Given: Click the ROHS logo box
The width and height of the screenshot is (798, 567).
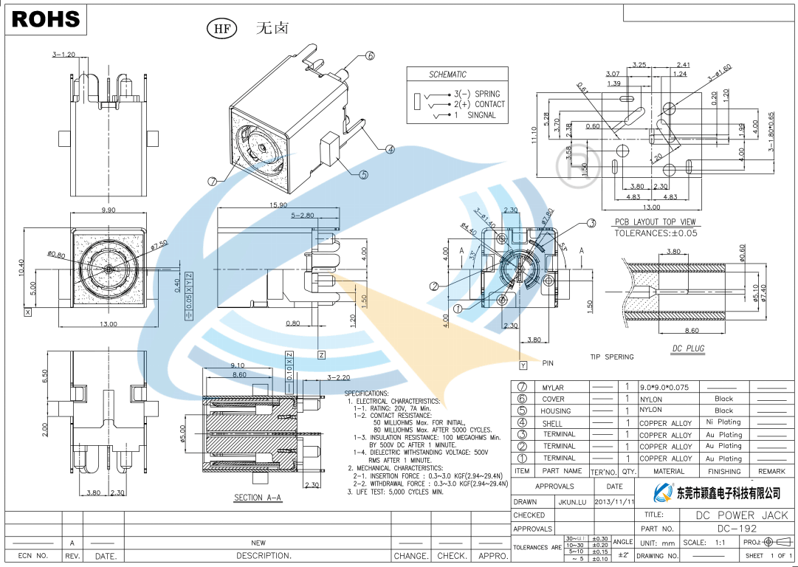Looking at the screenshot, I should coord(46,19).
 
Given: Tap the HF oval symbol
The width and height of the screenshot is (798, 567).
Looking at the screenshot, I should coord(221,30).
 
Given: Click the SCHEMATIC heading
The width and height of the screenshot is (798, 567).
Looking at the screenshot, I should coord(447,75).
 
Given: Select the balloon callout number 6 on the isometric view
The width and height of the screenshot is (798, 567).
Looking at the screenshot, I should coord(370,55).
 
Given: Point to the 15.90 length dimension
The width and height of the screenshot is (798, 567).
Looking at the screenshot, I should coord(278,205).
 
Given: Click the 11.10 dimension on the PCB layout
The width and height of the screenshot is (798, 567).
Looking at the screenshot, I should coord(534,137).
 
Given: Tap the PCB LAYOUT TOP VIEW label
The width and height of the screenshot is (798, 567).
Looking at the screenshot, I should coord(656,222).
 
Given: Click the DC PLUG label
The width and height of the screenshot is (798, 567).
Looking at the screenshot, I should coord(688,348).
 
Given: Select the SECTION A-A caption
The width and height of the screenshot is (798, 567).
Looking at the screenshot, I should coord(258,498).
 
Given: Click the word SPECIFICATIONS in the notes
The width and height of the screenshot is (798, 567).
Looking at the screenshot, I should coord(367,394).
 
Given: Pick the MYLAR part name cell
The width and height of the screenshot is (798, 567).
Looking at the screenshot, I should coord(553,388).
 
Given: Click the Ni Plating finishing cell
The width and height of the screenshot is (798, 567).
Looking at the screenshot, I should coord(723,422).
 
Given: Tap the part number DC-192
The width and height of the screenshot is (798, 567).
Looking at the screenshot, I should coord(737,529).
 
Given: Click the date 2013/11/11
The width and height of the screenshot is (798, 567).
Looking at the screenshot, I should coord(614,502).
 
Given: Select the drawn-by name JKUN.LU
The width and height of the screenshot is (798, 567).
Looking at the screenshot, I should coord(572,502).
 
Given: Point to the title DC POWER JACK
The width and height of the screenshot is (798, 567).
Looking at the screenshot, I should coord(742,515).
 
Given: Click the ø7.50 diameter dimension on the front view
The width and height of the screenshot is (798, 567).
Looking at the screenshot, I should coord(159,244).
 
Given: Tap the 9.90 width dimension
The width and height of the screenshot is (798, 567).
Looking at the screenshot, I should coord(108,210).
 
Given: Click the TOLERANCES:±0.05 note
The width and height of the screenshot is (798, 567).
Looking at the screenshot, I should coord(656,233).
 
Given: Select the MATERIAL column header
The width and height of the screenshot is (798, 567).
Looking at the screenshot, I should coord(668,471).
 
